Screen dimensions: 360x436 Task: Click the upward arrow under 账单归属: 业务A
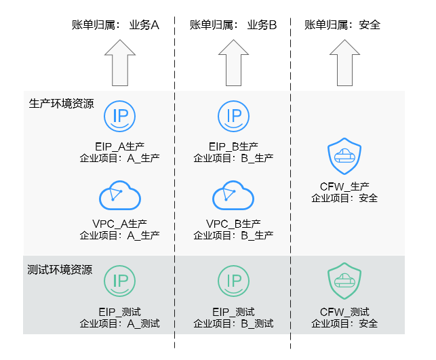(x=119, y=62)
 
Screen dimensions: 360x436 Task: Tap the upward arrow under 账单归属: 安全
(x=344, y=62)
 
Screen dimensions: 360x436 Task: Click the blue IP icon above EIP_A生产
(x=119, y=116)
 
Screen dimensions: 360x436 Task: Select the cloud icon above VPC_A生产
(x=119, y=196)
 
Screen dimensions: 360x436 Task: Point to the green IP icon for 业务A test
(x=119, y=281)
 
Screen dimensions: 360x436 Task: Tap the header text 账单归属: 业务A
(x=115, y=25)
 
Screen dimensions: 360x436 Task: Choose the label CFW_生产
(x=344, y=186)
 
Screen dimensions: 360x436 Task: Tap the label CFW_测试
(x=344, y=312)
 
